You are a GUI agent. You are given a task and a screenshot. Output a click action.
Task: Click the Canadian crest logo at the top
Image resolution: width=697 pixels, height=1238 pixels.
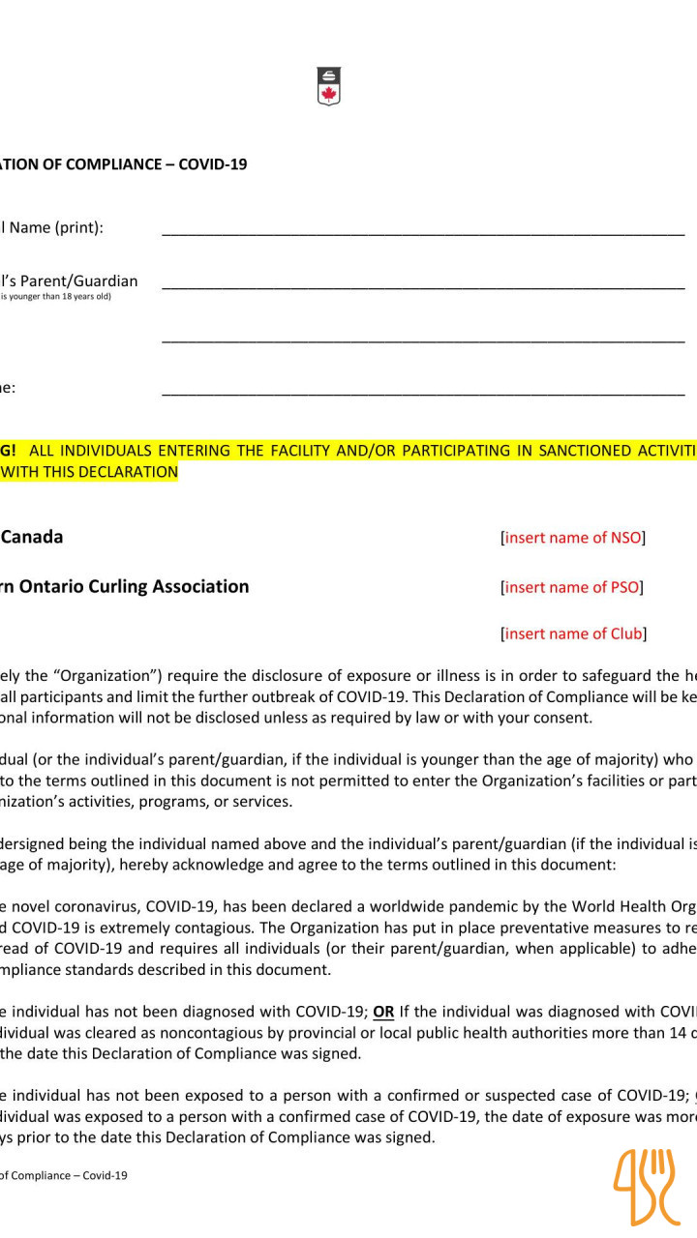pos(329,86)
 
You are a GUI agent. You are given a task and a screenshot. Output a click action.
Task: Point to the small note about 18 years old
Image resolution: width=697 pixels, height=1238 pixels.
pos(56,297)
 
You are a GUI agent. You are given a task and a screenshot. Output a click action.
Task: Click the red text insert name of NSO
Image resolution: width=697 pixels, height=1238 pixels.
pos(573,538)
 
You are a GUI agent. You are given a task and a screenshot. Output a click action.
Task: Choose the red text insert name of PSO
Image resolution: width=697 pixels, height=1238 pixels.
pos(573,587)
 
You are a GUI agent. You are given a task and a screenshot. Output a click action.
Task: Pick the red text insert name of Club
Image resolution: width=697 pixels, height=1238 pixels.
pos(574,634)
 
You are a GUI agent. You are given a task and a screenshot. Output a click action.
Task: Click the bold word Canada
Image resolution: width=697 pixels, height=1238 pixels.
pos(32,537)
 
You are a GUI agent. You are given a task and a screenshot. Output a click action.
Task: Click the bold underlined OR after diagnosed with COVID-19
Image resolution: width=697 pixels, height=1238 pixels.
pos(383,1012)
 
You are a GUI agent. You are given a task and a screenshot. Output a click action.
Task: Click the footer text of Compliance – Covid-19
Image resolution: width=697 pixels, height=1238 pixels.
pos(63,1175)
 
